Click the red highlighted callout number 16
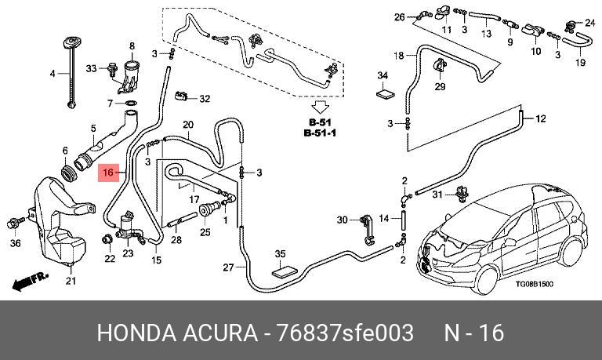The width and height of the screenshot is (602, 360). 108,172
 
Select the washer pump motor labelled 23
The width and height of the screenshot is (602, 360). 129,227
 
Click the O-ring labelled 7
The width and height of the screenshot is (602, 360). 132,104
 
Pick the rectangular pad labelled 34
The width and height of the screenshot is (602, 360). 385,93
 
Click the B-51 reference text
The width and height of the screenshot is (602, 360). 320,123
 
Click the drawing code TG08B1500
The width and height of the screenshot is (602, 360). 534,284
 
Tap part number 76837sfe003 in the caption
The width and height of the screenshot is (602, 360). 345,333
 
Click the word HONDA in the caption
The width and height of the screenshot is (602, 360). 136,333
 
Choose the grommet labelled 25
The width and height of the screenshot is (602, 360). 205,210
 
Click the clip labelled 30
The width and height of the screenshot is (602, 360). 368,230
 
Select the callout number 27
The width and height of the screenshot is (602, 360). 228,267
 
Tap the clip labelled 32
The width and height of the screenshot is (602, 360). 181,95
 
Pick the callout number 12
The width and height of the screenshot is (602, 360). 540,118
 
